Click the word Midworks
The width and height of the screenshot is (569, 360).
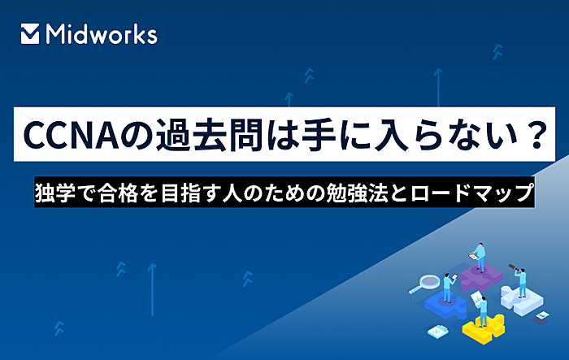(x=102, y=34)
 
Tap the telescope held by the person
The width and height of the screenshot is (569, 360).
(x=514, y=267)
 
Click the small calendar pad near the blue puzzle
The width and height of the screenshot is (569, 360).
(x=437, y=331)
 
